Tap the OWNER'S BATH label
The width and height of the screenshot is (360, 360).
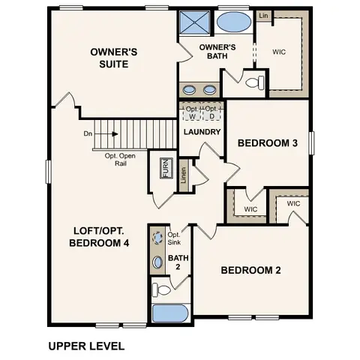[x=217, y=52]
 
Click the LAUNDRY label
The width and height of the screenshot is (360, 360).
[x=202, y=133]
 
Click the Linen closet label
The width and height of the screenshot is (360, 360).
[x=184, y=176]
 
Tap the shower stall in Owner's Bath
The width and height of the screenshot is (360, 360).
[x=195, y=21]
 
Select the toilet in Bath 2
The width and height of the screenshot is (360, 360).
[x=160, y=288]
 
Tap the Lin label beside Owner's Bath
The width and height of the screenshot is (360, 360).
[x=263, y=15]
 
